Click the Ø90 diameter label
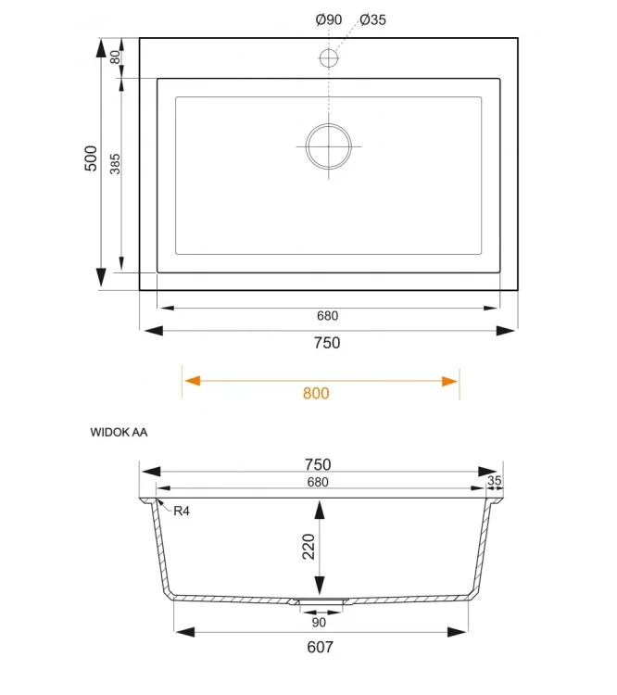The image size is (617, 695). pyautogui.click(x=328, y=19)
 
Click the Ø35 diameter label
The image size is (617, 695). pyautogui.click(x=371, y=19)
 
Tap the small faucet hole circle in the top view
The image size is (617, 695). pyautogui.click(x=329, y=58)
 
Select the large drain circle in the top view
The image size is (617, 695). pyautogui.click(x=329, y=147)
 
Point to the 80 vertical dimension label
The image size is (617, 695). pyautogui.click(x=116, y=57)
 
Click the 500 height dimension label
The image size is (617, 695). pyautogui.click(x=91, y=158)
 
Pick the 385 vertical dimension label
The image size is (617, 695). pyautogui.click(x=116, y=164)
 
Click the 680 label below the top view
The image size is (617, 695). pyautogui.click(x=327, y=316)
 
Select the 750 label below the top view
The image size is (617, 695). pyautogui.click(x=327, y=343)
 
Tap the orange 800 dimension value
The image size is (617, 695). pyautogui.click(x=316, y=393)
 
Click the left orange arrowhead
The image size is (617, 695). pyautogui.click(x=191, y=380)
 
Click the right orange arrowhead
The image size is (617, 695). pyautogui.click(x=450, y=380)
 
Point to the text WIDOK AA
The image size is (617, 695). pyautogui.click(x=120, y=432)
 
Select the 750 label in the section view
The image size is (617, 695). pyautogui.click(x=317, y=464)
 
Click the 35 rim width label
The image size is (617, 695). pyautogui.click(x=494, y=480)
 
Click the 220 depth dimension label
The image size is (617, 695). pyautogui.click(x=309, y=547)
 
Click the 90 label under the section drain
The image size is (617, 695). pyautogui.click(x=318, y=622)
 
